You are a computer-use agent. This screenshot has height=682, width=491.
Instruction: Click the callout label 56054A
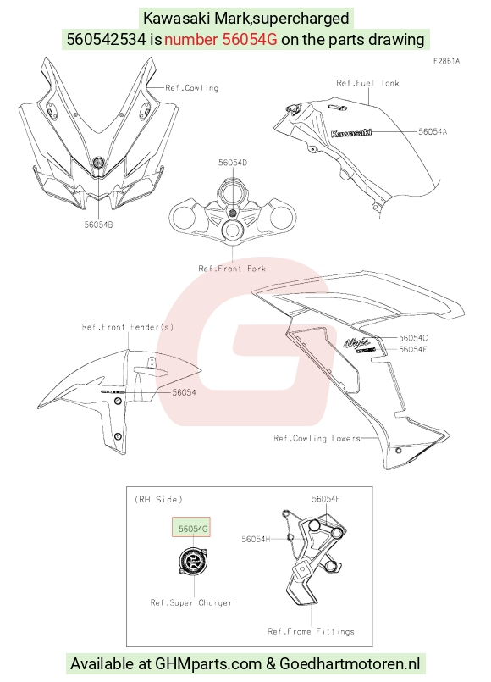(x=433, y=131)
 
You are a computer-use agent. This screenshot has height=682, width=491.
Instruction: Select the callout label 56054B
(x=99, y=225)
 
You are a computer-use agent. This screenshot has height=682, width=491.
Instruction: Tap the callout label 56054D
(x=233, y=162)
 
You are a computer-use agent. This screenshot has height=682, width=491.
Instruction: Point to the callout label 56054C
(x=413, y=338)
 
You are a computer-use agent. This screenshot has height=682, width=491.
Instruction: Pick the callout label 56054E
(x=413, y=349)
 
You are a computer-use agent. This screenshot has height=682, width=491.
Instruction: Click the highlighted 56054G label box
(x=191, y=527)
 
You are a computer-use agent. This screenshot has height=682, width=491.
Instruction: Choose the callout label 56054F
(x=325, y=499)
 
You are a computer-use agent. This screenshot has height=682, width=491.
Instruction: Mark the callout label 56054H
(x=256, y=540)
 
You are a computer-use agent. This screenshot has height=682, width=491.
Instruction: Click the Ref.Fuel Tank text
(x=367, y=83)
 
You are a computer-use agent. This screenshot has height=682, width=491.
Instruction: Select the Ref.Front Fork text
(x=232, y=269)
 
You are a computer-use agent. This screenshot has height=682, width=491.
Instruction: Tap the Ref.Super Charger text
(x=191, y=603)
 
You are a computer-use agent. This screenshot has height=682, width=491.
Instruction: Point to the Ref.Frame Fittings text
(x=312, y=631)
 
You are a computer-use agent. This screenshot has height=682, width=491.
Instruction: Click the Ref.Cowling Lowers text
(x=317, y=438)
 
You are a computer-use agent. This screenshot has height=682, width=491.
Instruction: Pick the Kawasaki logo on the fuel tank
(x=351, y=133)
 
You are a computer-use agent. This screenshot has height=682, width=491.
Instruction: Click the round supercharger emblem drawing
(x=192, y=562)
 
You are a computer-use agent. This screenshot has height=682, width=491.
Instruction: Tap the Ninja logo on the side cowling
(x=357, y=343)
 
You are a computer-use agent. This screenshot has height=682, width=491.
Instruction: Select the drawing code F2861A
(x=446, y=61)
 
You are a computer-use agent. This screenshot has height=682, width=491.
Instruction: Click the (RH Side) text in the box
(x=158, y=499)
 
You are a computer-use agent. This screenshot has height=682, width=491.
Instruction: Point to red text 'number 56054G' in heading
(x=220, y=40)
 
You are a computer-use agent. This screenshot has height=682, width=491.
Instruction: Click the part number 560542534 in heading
(x=107, y=40)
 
